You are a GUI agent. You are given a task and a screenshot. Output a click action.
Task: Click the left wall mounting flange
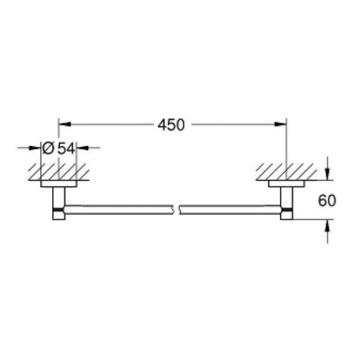pos(58,184)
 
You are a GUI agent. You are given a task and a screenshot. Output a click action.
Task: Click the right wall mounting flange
pos(285,184)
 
